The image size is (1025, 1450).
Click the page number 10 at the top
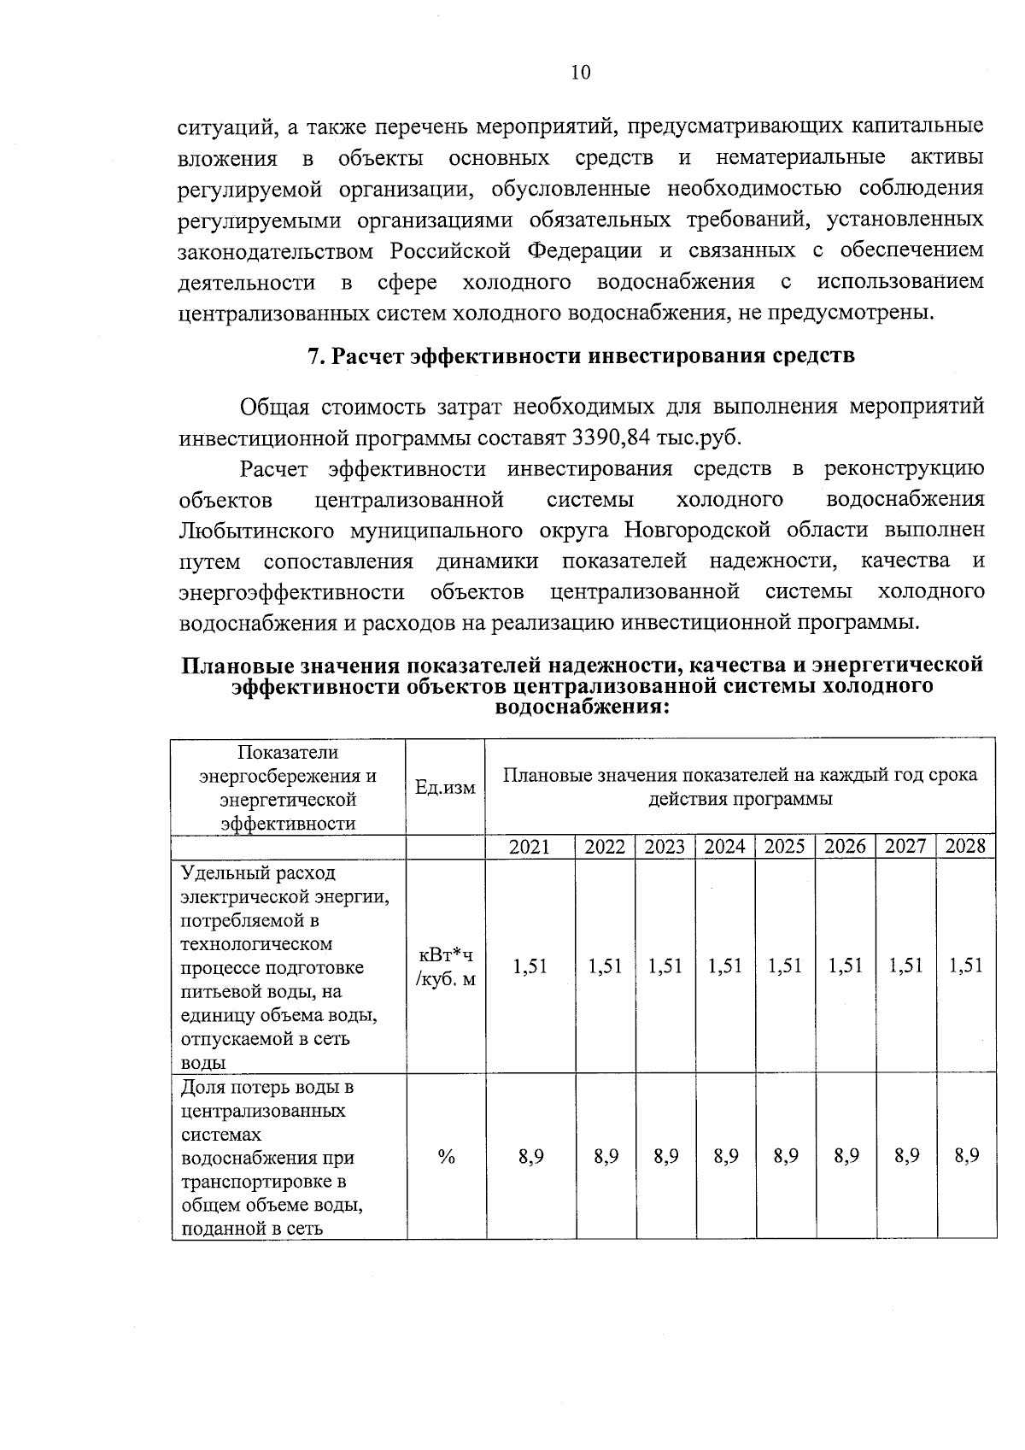pyautogui.click(x=580, y=73)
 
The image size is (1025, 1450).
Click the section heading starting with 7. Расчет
pyautogui.click(x=581, y=356)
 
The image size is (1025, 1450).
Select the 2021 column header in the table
pyautogui.click(x=530, y=847)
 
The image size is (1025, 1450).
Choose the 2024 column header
pyautogui.click(x=725, y=847)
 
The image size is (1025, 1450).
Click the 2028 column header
pyautogui.click(x=966, y=847)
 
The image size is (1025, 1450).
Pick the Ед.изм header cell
pyautogui.click(x=445, y=787)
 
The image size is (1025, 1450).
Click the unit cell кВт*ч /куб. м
pyautogui.click(x=445, y=966)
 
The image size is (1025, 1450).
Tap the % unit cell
pyautogui.click(x=446, y=1157)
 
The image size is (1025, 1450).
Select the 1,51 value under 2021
pyautogui.click(x=530, y=966)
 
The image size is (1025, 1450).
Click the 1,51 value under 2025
pyautogui.click(x=785, y=966)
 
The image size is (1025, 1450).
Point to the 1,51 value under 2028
pyautogui.click(x=966, y=966)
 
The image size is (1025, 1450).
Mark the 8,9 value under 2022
pyautogui.click(x=606, y=1157)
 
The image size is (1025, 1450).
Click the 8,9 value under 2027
pyautogui.click(x=906, y=1157)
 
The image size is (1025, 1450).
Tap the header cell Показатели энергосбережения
pyautogui.click(x=288, y=787)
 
